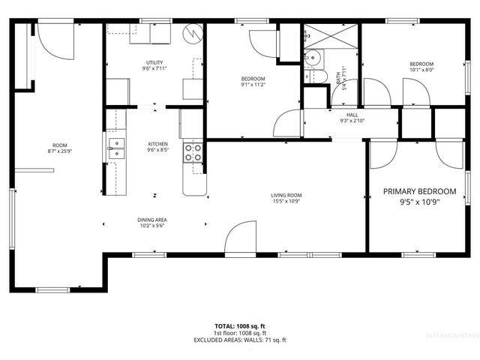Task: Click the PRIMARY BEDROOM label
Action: [x=419, y=196]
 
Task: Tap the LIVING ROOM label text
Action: [x=286, y=198]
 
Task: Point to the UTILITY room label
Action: [x=155, y=66]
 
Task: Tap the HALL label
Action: [x=351, y=118]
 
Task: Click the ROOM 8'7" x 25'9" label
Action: [x=59, y=148]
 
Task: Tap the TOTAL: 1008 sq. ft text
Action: [x=240, y=326]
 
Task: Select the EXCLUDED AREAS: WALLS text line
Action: [x=240, y=340]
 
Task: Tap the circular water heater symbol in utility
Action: [x=193, y=34]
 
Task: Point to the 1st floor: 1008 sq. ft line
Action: [x=240, y=333]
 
